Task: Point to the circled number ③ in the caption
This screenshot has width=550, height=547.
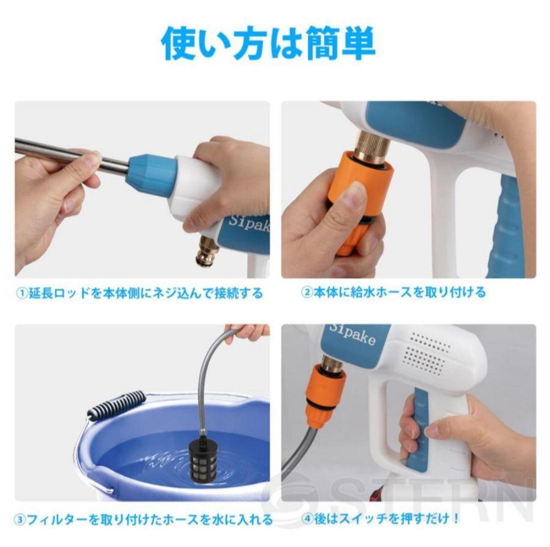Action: tap(20, 519)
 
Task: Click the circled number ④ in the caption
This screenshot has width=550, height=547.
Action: tap(308, 519)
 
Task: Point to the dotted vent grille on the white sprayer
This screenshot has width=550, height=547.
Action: tap(428, 351)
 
